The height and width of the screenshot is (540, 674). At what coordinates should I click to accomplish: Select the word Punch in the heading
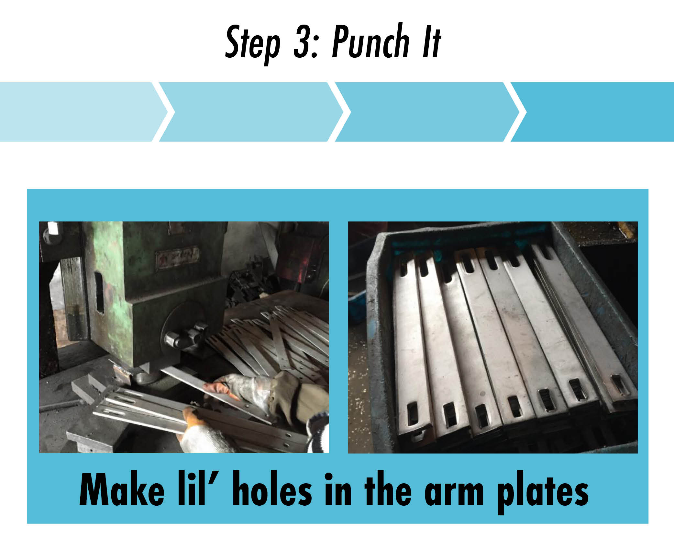tap(370, 42)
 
